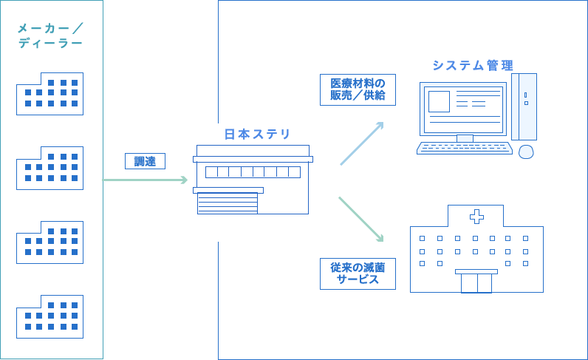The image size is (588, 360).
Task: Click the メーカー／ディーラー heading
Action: click(x=50, y=36)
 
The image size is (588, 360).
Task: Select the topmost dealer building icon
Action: click(x=50, y=93)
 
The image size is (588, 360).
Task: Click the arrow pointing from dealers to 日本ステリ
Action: click(x=146, y=180)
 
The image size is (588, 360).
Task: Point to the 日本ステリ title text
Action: click(x=257, y=135)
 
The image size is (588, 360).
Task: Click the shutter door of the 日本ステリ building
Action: click(x=228, y=203)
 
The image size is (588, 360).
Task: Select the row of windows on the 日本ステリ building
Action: click(x=253, y=172)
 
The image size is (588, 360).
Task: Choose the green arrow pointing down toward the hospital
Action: click(x=362, y=219)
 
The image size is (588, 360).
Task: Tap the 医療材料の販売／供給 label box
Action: click(x=358, y=89)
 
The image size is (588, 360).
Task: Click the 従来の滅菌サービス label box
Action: click(x=358, y=273)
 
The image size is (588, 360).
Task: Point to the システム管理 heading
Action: click(x=472, y=66)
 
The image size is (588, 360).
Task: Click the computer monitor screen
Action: click(x=462, y=108)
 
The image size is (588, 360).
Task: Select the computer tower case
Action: click(x=525, y=106)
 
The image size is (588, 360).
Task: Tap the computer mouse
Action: click(x=526, y=152)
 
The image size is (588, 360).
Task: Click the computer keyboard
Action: click(x=465, y=148)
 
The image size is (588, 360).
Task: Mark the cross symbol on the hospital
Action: click(x=476, y=216)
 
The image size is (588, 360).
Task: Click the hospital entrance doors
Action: click(x=476, y=282)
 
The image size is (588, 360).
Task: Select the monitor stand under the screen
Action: click(x=465, y=137)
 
